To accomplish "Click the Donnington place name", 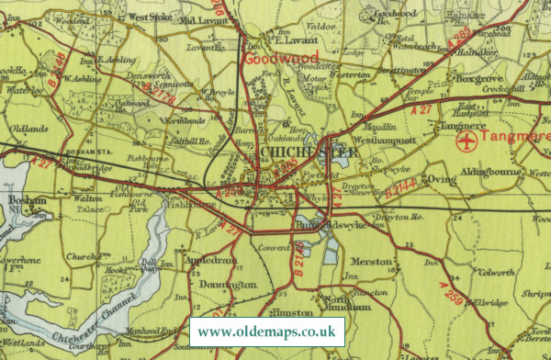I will click(x=231, y=286).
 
